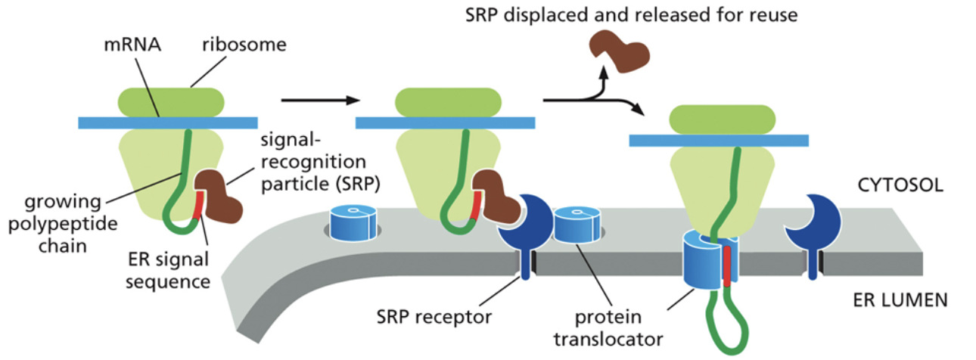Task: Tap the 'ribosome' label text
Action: coord(244,45)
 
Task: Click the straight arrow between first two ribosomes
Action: coord(318,100)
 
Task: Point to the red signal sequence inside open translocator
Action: coord(727,264)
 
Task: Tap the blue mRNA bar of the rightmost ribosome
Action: coord(719,140)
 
